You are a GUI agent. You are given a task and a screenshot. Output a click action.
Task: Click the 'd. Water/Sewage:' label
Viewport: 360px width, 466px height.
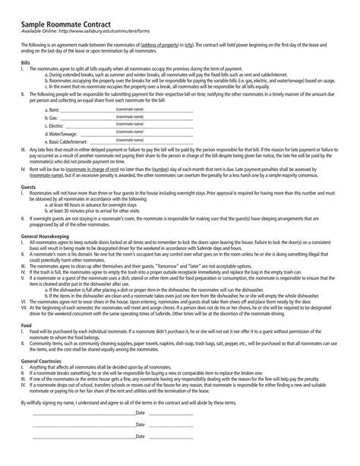point(62,135)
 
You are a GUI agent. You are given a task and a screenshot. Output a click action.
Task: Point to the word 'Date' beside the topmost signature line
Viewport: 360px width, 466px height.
point(141,433)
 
